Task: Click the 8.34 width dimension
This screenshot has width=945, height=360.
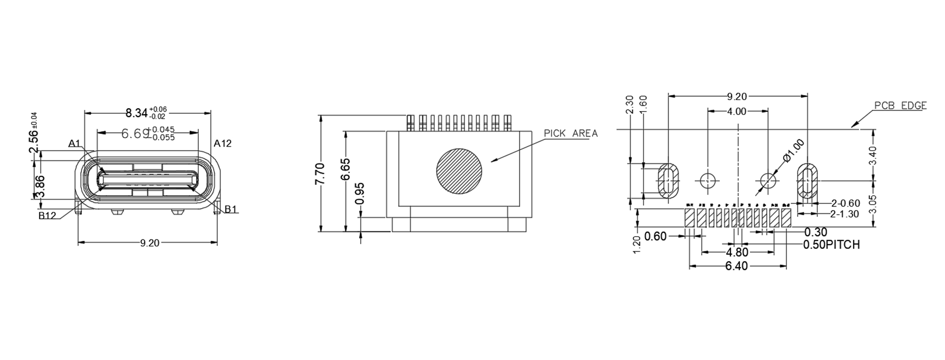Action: click(x=137, y=112)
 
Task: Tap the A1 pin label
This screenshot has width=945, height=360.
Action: click(x=74, y=144)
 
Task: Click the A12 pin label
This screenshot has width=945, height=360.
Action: click(x=222, y=144)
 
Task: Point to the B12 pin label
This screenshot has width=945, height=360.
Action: click(x=47, y=216)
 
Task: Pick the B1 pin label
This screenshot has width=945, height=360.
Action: click(x=231, y=209)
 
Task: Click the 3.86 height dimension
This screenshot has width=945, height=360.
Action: click(x=40, y=187)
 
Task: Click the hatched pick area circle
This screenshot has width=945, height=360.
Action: click(x=459, y=171)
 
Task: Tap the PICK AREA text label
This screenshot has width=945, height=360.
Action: click(x=571, y=134)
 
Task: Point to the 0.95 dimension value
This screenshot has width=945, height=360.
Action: click(x=360, y=193)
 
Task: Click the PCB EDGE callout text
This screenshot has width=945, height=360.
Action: click(x=900, y=106)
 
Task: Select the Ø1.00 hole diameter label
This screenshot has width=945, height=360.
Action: click(x=794, y=150)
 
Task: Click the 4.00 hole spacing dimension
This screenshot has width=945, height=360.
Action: click(x=737, y=112)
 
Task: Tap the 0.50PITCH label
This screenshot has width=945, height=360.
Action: click(x=831, y=245)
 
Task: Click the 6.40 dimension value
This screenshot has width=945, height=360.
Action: click(x=736, y=266)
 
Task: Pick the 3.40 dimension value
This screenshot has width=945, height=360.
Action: click(x=873, y=155)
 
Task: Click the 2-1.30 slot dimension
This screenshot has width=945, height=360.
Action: click(x=845, y=214)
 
